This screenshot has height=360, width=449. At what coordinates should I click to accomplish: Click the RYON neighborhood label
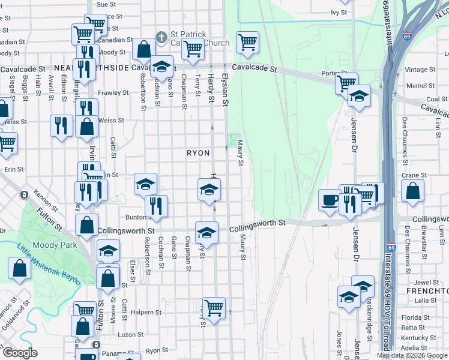(x=198, y=153)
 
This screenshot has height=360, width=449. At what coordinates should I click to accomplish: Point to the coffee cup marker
(x=329, y=200)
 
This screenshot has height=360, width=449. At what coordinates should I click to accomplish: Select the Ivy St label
(x=339, y=12)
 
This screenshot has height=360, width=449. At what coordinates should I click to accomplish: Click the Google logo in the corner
(x=20, y=353)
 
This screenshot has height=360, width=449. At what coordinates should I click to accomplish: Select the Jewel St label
(x=427, y=282)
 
